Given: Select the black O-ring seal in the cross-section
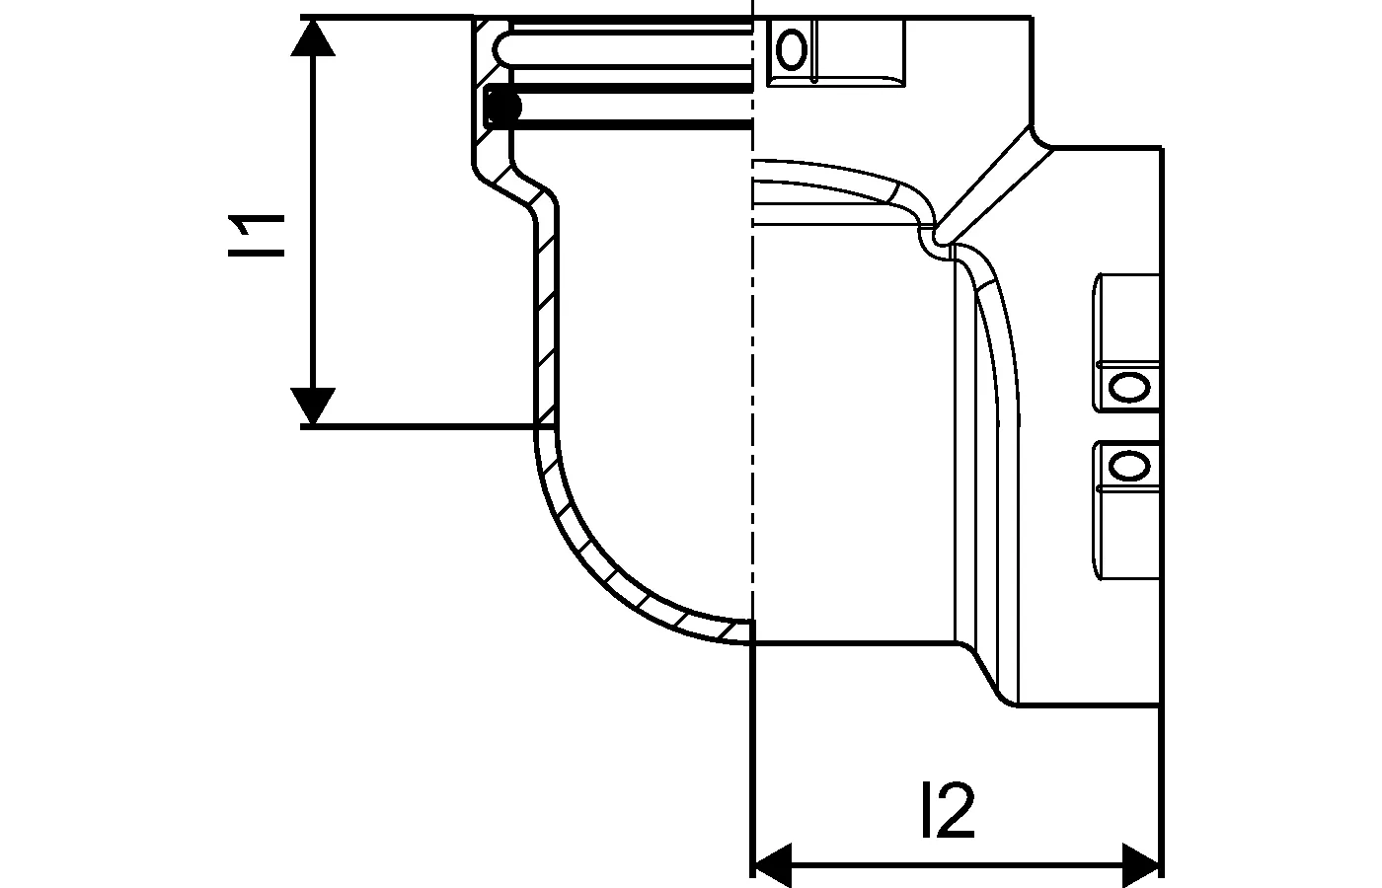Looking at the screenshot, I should (x=503, y=106).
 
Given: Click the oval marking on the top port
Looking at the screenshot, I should (x=792, y=49).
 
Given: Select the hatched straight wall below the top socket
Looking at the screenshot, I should (x=545, y=316).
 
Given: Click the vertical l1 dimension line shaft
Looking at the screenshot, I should (x=314, y=227).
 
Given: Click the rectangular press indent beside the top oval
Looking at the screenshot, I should (x=859, y=49).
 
